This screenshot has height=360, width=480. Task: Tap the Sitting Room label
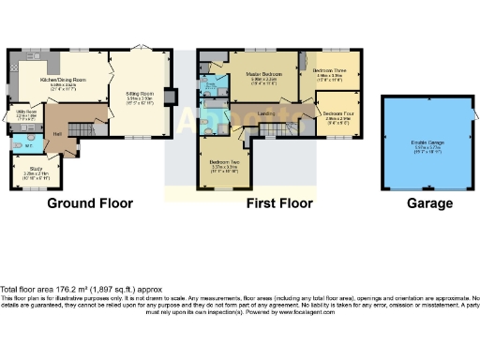coord(138,94)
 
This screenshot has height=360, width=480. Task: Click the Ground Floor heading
coord(90,202)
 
